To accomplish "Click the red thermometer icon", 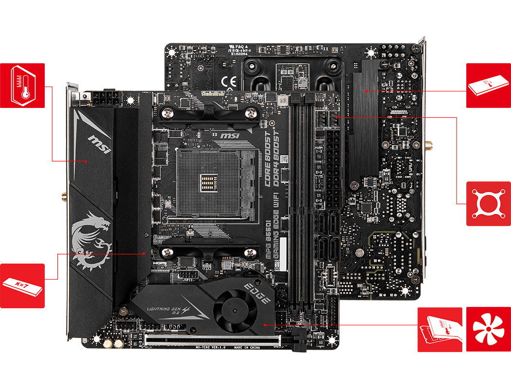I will point(22,85).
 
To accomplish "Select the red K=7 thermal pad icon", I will point(22,286).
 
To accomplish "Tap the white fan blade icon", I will point(488,329).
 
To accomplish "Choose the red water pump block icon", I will point(488,204).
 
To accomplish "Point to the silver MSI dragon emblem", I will point(91,238).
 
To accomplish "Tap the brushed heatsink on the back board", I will point(364,122).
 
